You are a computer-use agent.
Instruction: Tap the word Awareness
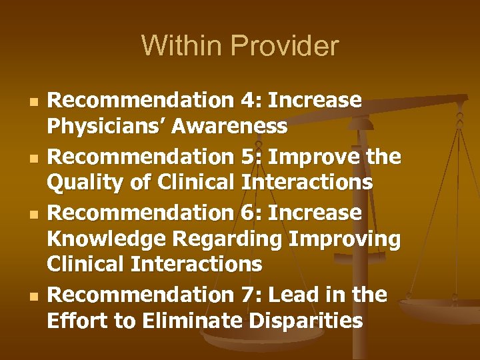(228, 125)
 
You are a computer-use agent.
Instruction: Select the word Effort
(74, 321)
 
